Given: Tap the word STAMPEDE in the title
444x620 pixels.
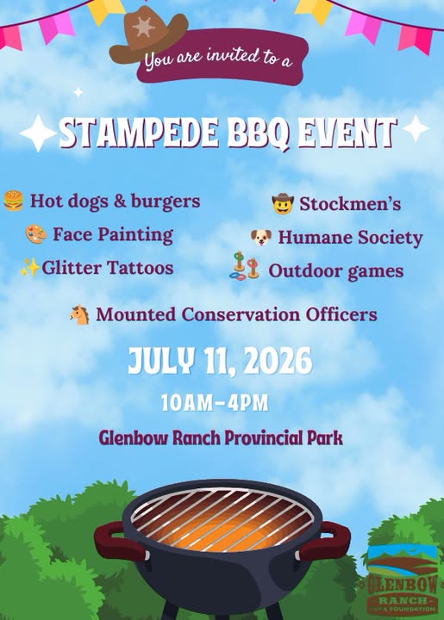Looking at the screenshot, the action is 140,133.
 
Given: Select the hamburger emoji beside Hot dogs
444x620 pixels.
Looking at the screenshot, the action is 13,201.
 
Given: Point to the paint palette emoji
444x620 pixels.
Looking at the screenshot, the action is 35,234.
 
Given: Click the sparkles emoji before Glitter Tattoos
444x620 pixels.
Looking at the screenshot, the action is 30,268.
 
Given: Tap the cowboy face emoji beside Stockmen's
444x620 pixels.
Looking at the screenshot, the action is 283,203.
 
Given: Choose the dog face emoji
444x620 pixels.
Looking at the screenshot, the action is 261,238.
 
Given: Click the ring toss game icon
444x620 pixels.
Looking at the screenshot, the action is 244,266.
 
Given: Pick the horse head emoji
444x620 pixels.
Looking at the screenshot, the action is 79,315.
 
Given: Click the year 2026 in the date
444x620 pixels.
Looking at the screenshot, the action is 278,361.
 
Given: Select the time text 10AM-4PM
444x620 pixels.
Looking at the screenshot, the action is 215,403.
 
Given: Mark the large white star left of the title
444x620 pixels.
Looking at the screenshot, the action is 38,133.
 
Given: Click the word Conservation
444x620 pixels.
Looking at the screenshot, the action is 241,315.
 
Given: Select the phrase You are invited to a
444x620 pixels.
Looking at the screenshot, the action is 218,59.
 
